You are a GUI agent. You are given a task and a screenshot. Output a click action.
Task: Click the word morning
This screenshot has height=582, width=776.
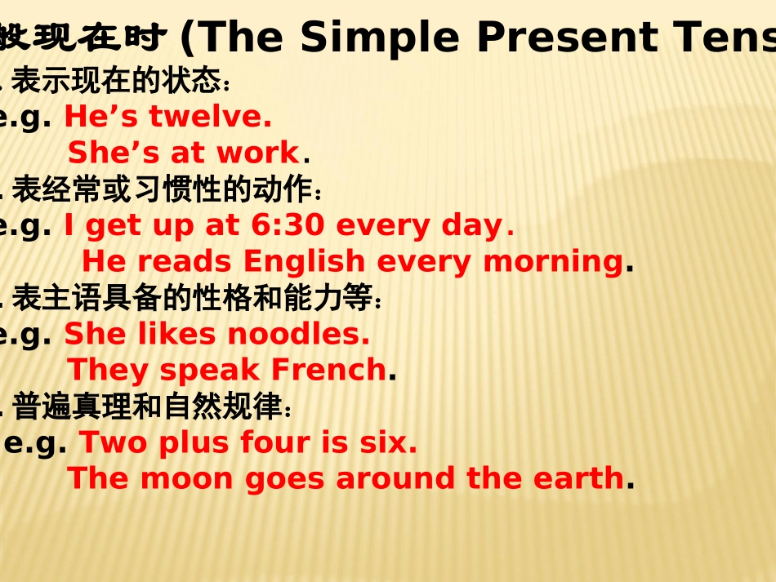click(x=553, y=261)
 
